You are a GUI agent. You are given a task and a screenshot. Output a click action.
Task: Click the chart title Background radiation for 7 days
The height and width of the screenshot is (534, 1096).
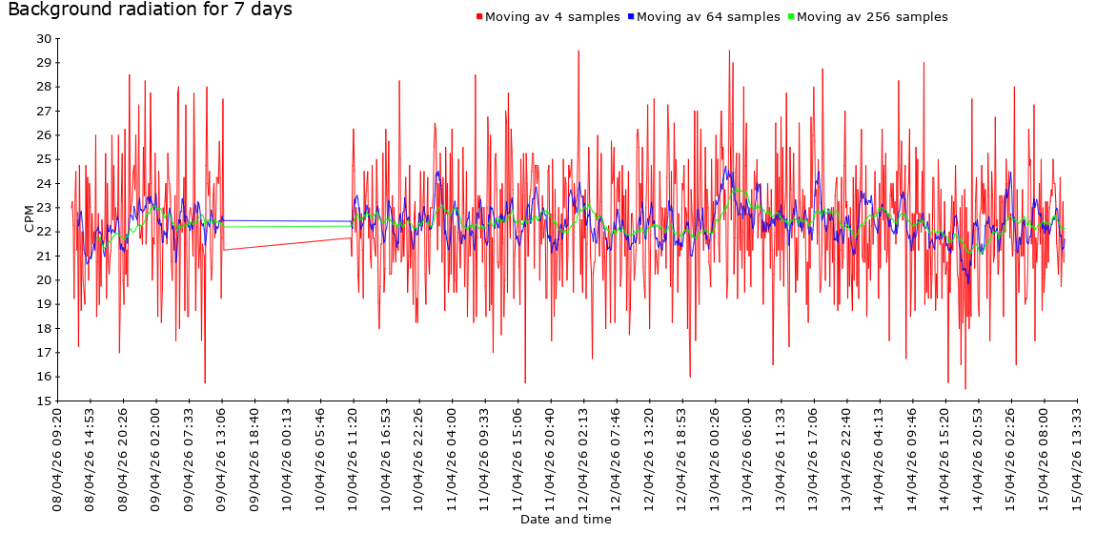(x=150, y=10)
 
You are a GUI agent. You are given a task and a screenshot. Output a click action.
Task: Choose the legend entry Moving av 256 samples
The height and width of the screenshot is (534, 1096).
(x=871, y=17)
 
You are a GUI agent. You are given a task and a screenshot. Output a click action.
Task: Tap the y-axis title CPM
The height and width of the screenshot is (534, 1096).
(x=30, y=218)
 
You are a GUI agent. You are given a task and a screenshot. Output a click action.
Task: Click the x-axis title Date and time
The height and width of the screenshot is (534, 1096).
(x=565, y=520)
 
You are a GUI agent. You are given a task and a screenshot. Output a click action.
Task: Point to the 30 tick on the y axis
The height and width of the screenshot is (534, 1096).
(x=44, y=39)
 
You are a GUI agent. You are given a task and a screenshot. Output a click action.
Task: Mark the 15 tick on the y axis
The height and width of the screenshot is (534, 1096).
(x=44, y=400)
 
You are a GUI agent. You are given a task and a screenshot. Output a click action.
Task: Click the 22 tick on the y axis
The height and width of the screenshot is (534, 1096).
(x=44, y=232)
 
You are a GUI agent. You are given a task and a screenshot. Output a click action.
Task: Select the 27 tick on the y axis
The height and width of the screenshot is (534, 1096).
(x=44, y=112)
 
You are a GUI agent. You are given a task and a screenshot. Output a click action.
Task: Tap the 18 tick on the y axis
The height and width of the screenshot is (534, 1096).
(x=44, y=328)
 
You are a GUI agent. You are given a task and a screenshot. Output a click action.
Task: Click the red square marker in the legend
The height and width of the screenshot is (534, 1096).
(x=479, y=17)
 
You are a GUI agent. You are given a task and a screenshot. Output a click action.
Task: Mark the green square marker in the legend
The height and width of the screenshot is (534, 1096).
(x=791, y=17)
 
